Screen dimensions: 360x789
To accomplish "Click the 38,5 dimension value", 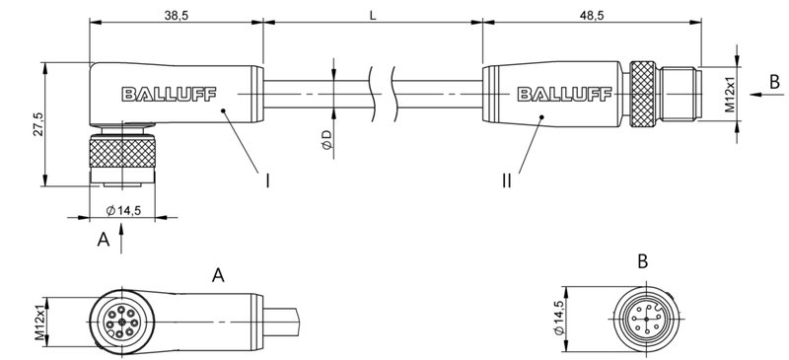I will point(179,14).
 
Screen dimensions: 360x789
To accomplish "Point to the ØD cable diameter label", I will point(326,140).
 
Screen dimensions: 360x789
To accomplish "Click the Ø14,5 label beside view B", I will point(561,317).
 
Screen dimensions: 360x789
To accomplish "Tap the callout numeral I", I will point(267,180).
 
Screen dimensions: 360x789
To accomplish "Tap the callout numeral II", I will point(507,180).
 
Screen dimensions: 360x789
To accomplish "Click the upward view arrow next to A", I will point(121,235).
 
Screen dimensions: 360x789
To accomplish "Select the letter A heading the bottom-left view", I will point(220,276).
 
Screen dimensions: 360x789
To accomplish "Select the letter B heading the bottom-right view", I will point(642,262).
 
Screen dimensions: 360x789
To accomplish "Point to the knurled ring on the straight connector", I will point(644,95).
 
